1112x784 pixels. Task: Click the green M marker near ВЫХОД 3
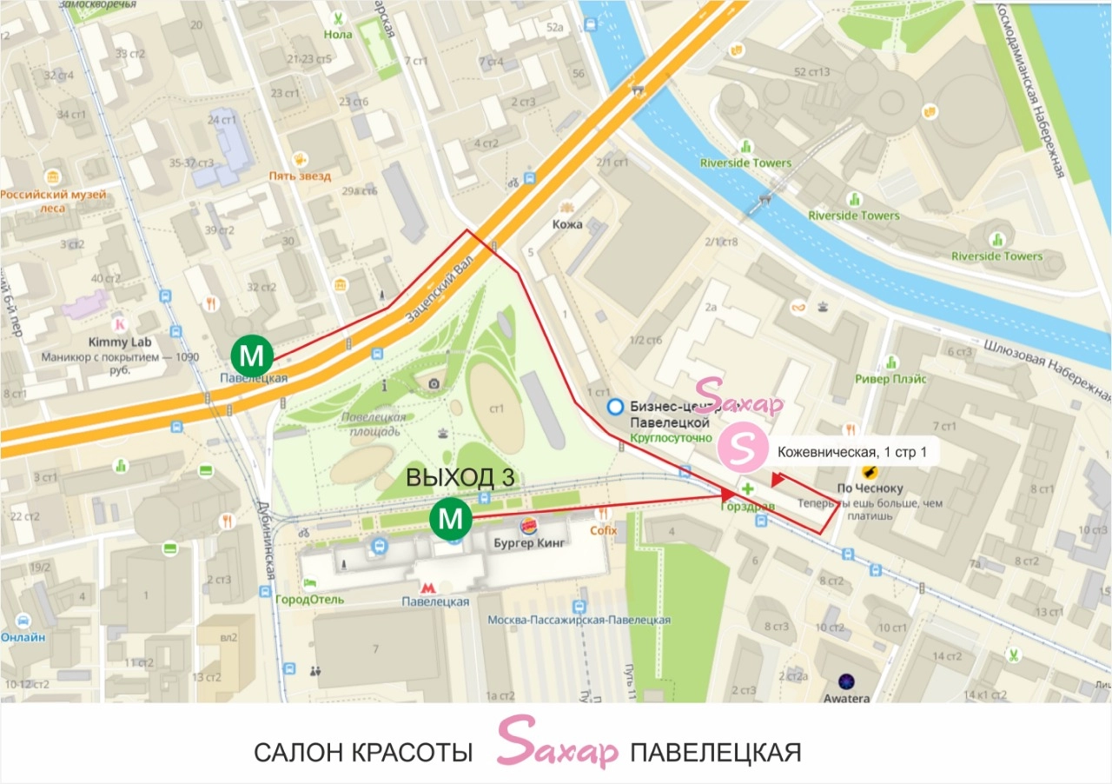click(450, 520)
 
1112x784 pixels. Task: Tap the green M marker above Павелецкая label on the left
click(252, 355)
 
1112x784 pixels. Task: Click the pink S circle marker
click(741, 448)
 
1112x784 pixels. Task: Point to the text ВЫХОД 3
click(460, 479)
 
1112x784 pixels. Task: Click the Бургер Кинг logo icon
click(527, 526)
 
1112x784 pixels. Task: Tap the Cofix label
click(603, 530)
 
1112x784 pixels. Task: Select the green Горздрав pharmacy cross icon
click(748, 489)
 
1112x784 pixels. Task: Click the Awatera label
click(847, 699)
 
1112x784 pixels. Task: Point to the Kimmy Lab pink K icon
click(121, 323)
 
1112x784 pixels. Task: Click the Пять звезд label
click(300, 176)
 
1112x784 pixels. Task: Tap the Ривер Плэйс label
click(890, 379)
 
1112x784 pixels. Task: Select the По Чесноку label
click(870, 488)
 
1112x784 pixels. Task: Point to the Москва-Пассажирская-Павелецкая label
click(579, 620)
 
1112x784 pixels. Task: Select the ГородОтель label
click(309, 600)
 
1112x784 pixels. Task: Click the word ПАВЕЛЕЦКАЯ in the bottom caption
click(716, 753)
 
